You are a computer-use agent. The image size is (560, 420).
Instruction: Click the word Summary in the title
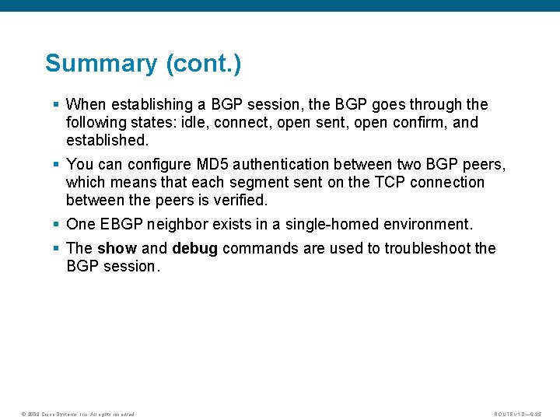(101, 63)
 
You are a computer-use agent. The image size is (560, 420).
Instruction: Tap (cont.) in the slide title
(203, 63)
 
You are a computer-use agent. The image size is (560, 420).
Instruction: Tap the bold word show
(116, 248)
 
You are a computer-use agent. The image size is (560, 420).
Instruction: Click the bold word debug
(194, 248)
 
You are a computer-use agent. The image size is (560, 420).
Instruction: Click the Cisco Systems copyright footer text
(77, 414)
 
